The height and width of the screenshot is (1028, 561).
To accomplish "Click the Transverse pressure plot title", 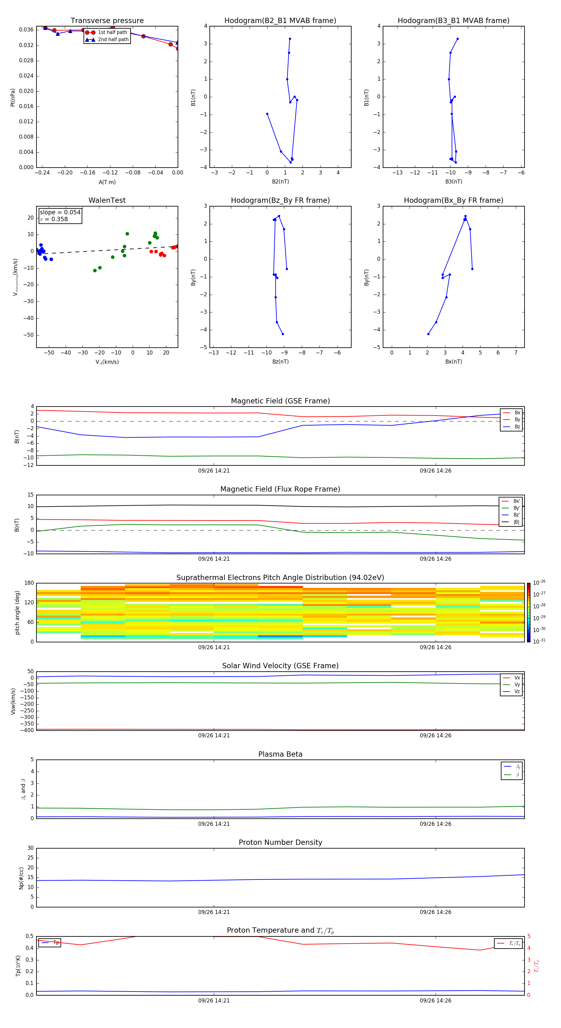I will click(x=107, y=21).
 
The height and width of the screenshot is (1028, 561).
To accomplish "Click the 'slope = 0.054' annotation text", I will click(x=60, y=212).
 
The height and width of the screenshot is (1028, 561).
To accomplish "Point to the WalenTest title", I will click(x=107, y=200).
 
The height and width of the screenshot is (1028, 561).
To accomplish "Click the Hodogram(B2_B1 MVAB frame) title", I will click(x=280, y=21).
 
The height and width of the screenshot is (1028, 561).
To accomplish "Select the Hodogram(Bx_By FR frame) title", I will click(x=453, y=200).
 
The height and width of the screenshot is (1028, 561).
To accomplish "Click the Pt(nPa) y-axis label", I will click(x=13, y=98).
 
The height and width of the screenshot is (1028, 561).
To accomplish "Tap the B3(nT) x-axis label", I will click(x=453, y=182).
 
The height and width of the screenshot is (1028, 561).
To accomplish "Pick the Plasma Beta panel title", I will click(x=280, y=754).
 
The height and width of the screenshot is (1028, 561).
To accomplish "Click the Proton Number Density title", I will click(x=280, y=842).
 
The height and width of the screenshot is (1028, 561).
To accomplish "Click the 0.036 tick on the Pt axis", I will click(x=26, y=30).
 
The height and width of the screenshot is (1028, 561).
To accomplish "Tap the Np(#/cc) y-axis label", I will click(x=22, y=878).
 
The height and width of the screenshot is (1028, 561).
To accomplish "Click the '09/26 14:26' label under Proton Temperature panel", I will click(x=435, y=1001).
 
